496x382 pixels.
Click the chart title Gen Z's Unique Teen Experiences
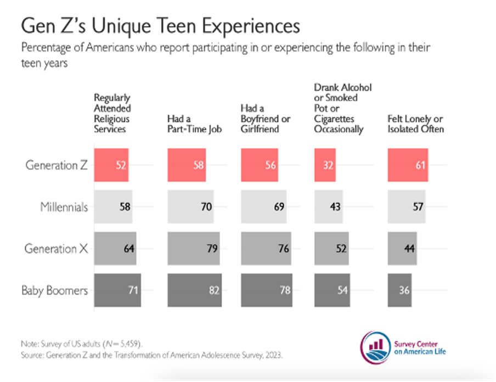point(160,26)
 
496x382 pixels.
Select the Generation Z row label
point(57,165)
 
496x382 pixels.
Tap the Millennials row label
point(64,207)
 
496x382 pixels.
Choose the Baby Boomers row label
point(54,290)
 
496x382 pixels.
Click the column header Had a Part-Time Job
point(194,124)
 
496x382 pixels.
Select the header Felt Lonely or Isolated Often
point(415,124)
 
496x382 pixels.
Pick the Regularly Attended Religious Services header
point(112,114)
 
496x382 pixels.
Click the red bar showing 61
point(408,165)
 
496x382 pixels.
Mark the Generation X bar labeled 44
point(402,249)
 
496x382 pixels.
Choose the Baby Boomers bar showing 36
point(399,290)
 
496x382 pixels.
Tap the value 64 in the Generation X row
point(129,249)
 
